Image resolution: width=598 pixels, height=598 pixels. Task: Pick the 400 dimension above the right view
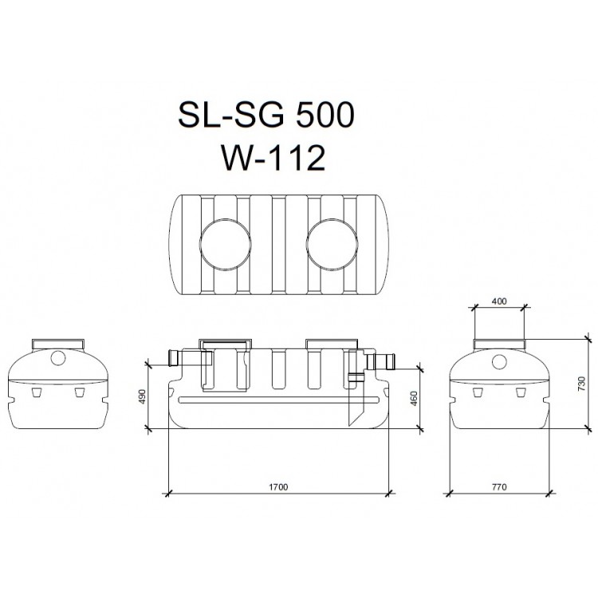499,301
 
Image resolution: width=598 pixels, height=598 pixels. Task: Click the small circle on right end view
498,360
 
